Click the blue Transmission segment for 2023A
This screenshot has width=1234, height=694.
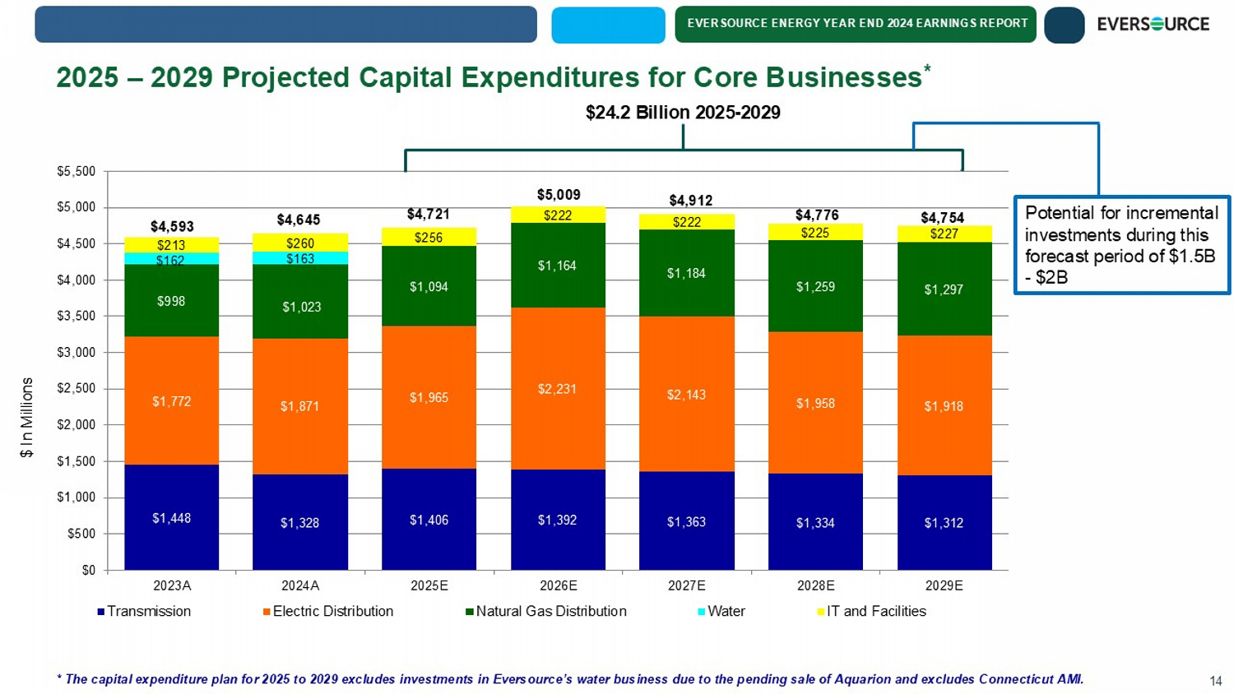click(171, 516)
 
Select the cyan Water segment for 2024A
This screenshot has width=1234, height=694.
click(300, 258)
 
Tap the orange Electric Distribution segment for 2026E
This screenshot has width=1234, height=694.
click(558, 388)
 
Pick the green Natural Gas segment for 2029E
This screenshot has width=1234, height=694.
click(944, 289)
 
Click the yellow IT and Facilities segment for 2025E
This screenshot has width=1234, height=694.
click(429, 237)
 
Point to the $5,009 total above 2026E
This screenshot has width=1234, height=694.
click(559, 195)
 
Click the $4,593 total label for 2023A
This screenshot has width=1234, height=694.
click(171, 226)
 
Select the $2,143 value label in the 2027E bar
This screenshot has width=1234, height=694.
click(686, 395)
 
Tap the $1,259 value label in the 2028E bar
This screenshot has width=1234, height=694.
click(815, 287)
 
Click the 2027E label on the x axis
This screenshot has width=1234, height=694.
click(686, 585)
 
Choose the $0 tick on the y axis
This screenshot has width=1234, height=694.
click(87, 570)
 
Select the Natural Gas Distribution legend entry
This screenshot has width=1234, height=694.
click(546, 612)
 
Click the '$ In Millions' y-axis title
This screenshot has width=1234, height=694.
click(27, 417)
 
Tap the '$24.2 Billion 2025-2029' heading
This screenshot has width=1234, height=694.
click(683, 113)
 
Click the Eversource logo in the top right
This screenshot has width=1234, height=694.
click(1153, 24)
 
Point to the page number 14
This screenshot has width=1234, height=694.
click(1215, 681)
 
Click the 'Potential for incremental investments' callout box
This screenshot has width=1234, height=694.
click(1121, 244)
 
